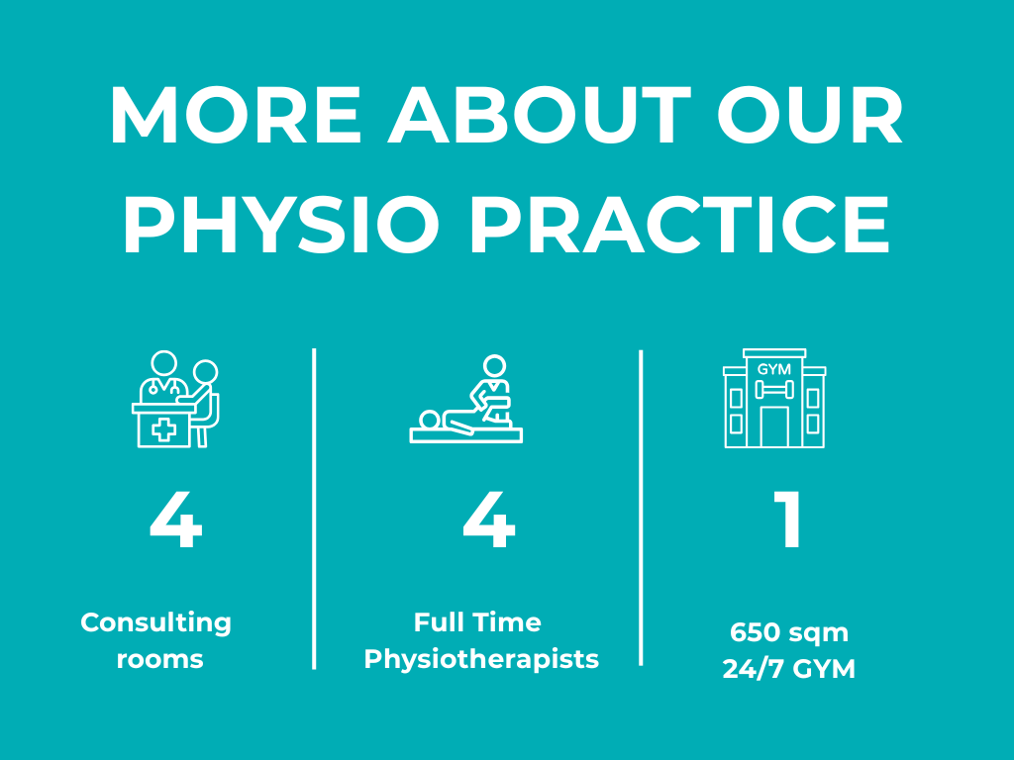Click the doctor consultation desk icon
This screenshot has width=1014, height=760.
[175, 400]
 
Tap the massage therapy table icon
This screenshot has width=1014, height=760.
[466, 400]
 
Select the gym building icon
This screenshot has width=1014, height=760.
[774, 398]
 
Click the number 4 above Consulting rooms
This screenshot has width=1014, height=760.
[176, 522]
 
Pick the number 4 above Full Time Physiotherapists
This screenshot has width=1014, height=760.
[489, 522]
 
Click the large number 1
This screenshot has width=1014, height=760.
[788, 522]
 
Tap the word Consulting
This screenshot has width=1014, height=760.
[156, 623]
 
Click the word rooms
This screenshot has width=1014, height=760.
[159, 659]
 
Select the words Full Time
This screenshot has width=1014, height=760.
[477, 622]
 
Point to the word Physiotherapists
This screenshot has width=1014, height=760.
[481, 659]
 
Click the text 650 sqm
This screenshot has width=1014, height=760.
[789, 632]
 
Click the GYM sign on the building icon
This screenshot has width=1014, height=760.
[774, 369]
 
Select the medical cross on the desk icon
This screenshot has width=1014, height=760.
[163, 429]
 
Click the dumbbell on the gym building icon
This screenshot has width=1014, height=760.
[774, 389]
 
